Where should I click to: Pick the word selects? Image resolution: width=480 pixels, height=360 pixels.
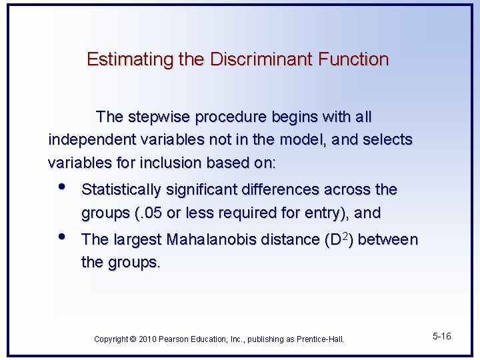(x=387, y=140)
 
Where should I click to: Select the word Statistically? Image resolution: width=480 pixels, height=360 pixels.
(x=121, y=190)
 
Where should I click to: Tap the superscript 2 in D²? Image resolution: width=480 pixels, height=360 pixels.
(x=347, y=235)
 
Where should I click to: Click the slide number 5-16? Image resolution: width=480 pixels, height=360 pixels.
(x=441, y=337)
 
